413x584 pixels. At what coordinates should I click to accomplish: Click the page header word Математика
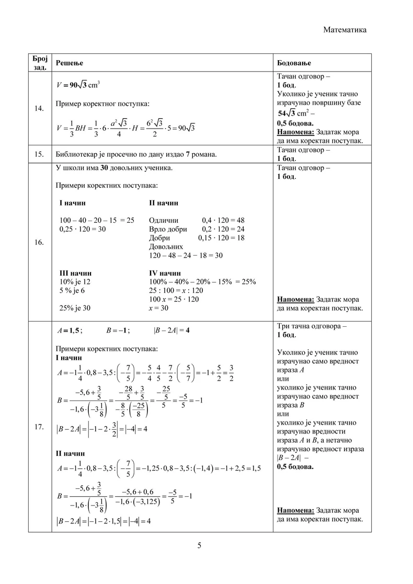click(x=345, y=30)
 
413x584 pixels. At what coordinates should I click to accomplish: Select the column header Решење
click(x=70, y=63)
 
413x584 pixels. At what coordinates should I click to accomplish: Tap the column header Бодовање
click(x=294, y=63)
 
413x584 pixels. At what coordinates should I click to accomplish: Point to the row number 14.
click(x=39, y=109)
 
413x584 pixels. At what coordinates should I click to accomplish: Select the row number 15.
click(x=39, y=154)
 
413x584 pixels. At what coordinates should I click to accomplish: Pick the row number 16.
click(x=39, y=242)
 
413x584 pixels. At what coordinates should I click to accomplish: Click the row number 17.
click(x=39, y=427)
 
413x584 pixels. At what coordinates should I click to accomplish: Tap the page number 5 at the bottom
click(x=199, y=546)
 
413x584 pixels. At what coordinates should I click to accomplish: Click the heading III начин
click(x=76, y=273)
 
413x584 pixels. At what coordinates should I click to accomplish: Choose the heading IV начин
click(x=165, y=273)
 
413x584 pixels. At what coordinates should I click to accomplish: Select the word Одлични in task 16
click(x=164, y=220)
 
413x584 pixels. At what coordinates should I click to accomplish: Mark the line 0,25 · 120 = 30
click(x=83, y=229)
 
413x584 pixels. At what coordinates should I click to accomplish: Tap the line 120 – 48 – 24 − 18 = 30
click(x=186, y=255)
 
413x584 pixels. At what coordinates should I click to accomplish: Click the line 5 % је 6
click(x=72, y=291)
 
